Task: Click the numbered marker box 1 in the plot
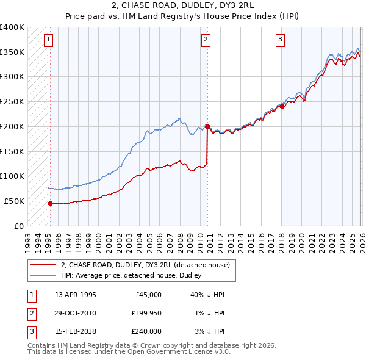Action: click(x=48, y=40)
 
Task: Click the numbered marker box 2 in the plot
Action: click(x=206, y=40)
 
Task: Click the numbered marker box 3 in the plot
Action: click(x=280, y=40)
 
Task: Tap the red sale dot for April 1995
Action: click(x=50, y=203)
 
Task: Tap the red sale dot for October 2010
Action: click(x=207, y=126)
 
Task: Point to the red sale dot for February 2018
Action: click(x=282, y=106)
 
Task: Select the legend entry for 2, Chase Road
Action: click(x=145, y=265)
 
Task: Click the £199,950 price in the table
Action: click(x=146, y=313)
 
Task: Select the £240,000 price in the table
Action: click(x=146, y=331)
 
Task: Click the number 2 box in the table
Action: click(x=30, y=313)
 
